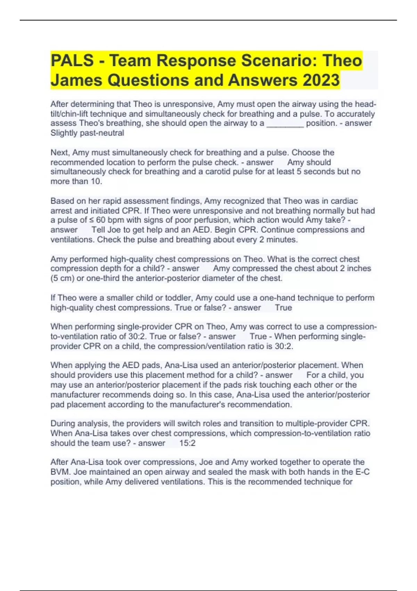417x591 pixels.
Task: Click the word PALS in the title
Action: click(x=72, y=60)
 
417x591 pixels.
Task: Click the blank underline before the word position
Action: click(x=285, y=123)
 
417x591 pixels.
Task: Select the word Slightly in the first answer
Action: click(x=64, y=133)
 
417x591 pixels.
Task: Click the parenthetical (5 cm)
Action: click(x=63, y=278)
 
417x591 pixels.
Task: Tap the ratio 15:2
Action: click(x=187, y=443)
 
